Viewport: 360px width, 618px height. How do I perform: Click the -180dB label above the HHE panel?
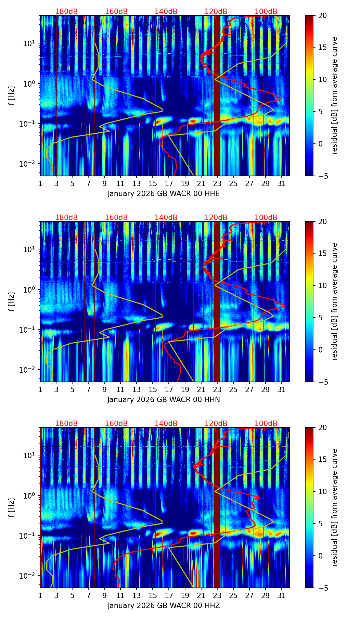(65, 12)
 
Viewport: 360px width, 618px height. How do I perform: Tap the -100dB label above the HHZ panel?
(265, 424)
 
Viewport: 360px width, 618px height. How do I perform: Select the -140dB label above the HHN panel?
(165, 218)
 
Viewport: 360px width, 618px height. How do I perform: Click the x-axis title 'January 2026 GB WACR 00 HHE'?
(164, 194)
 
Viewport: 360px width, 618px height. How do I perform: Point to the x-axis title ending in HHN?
(164, 400)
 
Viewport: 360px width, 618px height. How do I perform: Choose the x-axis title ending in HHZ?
(164, 606)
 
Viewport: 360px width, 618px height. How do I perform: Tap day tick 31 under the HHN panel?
(282, 389)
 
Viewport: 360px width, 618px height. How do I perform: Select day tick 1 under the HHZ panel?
(40, 595)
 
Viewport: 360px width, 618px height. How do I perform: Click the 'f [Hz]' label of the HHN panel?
(12, 302)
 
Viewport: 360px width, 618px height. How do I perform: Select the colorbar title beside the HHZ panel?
(334, 508)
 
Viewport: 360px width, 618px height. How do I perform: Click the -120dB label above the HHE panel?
(215, 12)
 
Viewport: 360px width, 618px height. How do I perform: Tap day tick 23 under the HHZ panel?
(217, 595)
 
